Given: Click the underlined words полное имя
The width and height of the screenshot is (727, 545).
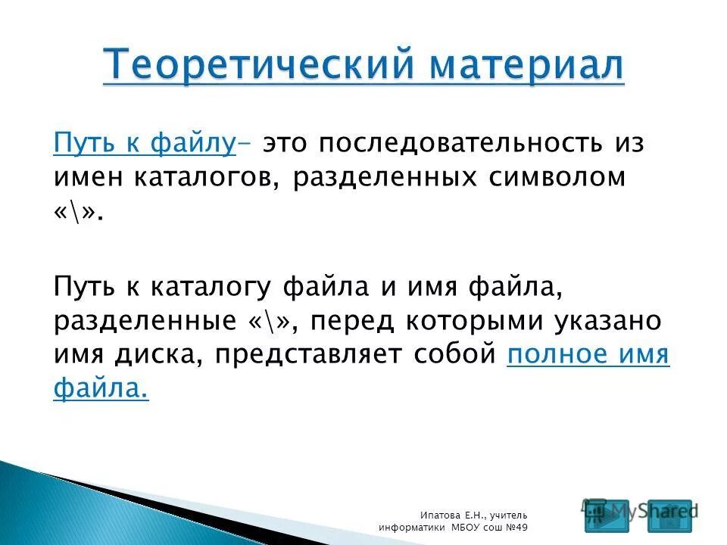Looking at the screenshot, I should click(x=588, y=355).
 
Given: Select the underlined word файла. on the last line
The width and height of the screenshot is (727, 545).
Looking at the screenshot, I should click(x=101, y=389).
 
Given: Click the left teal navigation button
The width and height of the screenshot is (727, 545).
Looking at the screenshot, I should click(x=606, y=515).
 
